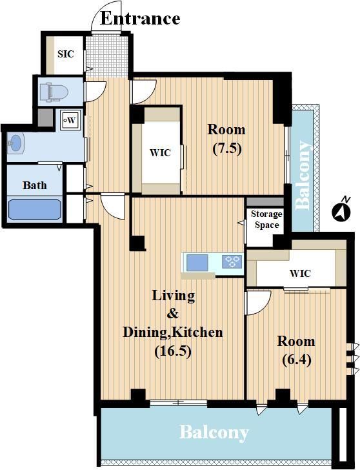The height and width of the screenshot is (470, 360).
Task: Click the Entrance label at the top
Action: pos(140,18)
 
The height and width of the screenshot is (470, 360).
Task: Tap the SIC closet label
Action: pos(66,54)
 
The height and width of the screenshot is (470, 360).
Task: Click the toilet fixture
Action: pos(54,91)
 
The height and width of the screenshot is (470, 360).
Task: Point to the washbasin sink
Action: pos(16,143)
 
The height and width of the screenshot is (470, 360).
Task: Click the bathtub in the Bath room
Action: pos(34,209)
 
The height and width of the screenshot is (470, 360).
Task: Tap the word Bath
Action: pos(34,185)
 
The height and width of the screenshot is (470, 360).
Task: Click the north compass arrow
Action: pos(341,210)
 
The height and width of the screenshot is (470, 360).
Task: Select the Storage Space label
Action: pos(266,220)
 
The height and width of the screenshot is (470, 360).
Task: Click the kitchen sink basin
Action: pos(197,262)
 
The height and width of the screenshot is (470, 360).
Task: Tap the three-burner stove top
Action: pos(232,261)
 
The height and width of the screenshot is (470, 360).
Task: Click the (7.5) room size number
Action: pos(227,148)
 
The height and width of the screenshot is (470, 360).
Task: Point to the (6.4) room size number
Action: pos(297,360)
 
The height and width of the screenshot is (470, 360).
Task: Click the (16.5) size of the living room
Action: pos(173,351)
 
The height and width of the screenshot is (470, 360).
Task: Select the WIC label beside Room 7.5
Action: pos(160,152)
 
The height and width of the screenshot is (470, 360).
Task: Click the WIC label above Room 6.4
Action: pos(300,273)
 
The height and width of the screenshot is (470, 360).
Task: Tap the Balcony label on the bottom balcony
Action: pos(214,433)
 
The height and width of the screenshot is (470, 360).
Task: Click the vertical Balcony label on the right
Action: pos(303,175)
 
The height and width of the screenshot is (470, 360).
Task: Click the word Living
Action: pos(174,296)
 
